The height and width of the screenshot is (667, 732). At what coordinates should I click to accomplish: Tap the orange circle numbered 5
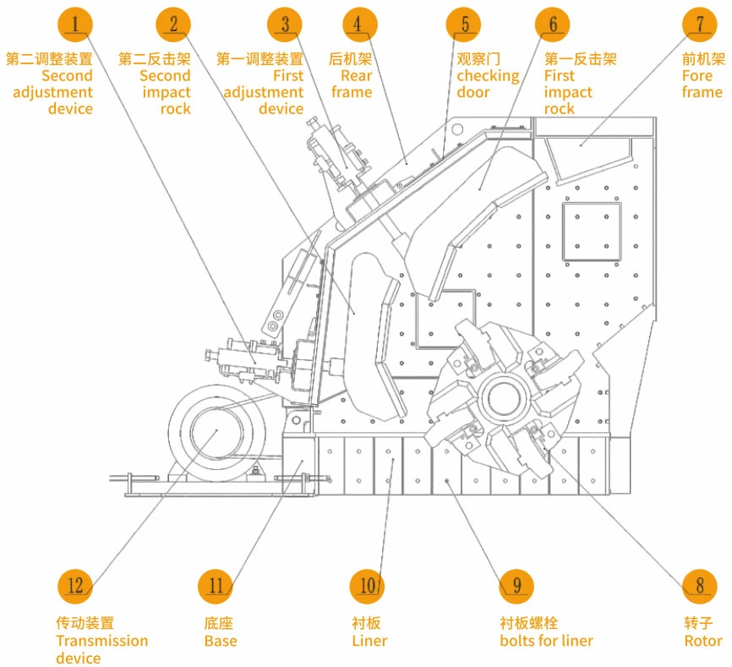coord(464,24)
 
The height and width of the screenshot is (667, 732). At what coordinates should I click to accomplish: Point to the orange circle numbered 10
coord(368,584)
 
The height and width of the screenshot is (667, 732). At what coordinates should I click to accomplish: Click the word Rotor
coord(703,641)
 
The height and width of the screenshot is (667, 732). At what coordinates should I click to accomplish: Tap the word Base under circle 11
coord(221,641)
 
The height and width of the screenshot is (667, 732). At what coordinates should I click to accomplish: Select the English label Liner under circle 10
coord(369,641)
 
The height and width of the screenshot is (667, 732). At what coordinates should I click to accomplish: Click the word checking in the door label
coord(488,76)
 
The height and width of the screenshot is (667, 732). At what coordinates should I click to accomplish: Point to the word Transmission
coord(101,641)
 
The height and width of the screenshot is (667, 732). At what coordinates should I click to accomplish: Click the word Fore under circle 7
coord(697,76)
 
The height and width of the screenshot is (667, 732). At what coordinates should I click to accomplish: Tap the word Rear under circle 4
coord(356,76)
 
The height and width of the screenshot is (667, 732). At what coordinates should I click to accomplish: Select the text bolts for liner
coord(546,641)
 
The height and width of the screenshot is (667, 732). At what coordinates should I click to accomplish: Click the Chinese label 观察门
coord(478,59)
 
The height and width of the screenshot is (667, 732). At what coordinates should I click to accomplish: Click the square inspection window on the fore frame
coord(592,230)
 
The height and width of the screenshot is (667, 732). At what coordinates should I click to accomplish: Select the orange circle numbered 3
coord(285,24)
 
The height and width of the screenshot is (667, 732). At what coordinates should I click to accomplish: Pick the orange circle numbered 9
coord(516,584)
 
